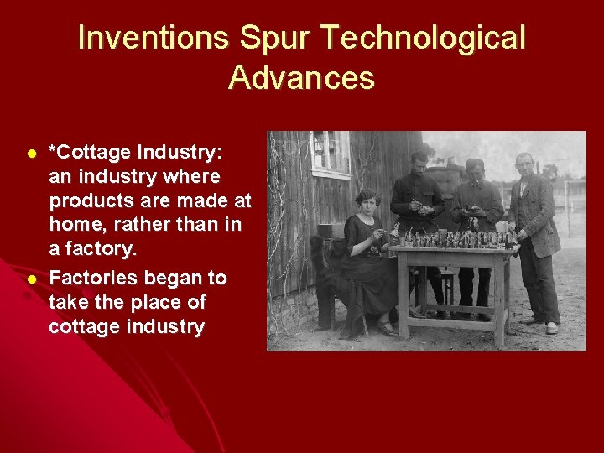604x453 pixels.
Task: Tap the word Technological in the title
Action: [x=424, y=38]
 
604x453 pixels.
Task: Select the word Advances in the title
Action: [x=301, y=78]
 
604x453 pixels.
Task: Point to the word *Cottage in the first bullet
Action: [x=89, y=153]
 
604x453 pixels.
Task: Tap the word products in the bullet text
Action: [x=91, y=201]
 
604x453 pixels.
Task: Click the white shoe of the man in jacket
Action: [x=551, y=328]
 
